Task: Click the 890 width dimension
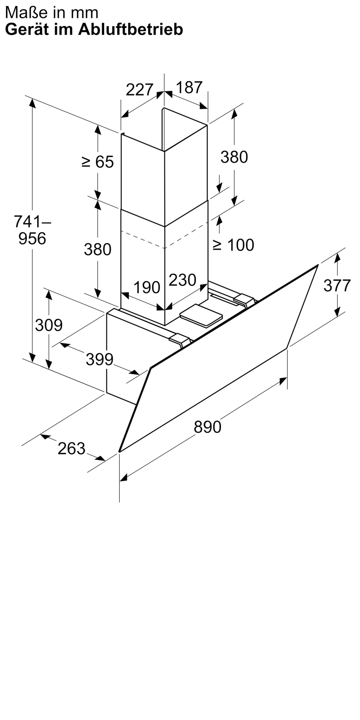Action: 207,427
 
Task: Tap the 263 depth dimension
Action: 72,449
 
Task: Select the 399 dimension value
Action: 99,359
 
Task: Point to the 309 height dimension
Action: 49,325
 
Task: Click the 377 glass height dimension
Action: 337,285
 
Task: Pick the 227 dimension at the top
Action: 140,90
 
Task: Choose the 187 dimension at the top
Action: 189,87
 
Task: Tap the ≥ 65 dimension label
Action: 98,162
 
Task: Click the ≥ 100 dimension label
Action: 233,245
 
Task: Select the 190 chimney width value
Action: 147,287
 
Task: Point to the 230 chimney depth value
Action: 183,280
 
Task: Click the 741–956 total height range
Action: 32,230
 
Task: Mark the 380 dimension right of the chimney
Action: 234,157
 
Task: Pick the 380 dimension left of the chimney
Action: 98,249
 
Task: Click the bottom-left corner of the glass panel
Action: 119,451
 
